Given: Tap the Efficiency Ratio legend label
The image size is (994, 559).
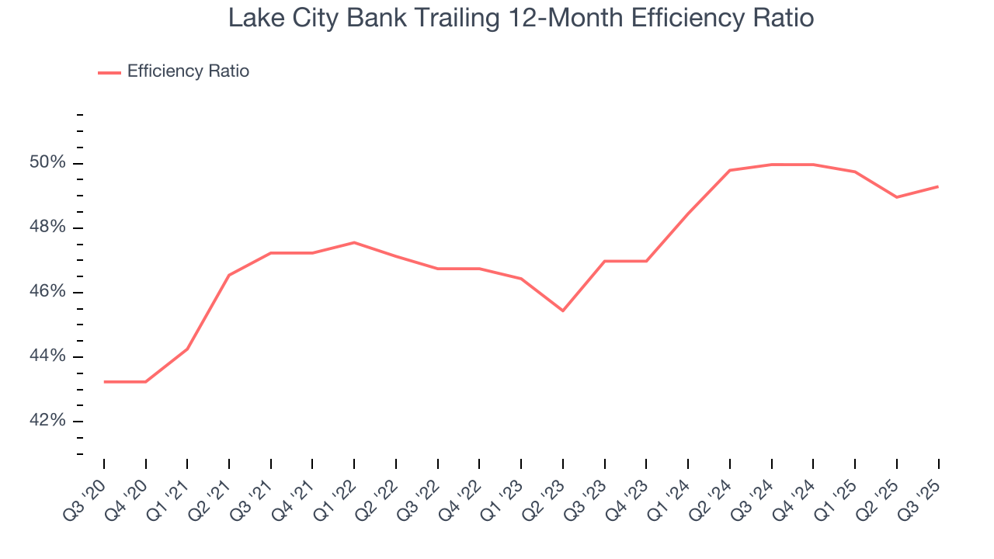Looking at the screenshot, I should pyautogui.click(x=188, y=71).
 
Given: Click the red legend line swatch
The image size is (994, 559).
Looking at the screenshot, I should pyautogui.click(x=109, y=72).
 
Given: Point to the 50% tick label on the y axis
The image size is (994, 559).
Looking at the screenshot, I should pyautogui.click(x=47, y=163).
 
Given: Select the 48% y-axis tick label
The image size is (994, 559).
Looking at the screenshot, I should pyautogui.click(x=47, y=227).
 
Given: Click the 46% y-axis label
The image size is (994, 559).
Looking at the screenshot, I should pyautogui.click(x=47, y=292).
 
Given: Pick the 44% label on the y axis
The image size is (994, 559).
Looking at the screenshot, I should pyautogui.click(x=47, y=356).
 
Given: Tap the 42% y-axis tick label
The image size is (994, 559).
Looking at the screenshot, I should pyautogui.click(x=47, y=421).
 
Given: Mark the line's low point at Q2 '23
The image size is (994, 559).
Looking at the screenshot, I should pyautogui.click(x=563, y=311).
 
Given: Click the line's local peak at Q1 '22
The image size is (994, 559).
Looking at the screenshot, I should pyautogui.click(x=354, y=242).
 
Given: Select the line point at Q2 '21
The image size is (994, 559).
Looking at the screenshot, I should pyautogui.click(x=229, y=275).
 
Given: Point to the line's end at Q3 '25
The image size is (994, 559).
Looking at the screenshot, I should pyautogui.click(x=938, y=186).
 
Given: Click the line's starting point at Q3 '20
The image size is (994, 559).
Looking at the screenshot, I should pyautogui.click(x=104, y=382).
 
